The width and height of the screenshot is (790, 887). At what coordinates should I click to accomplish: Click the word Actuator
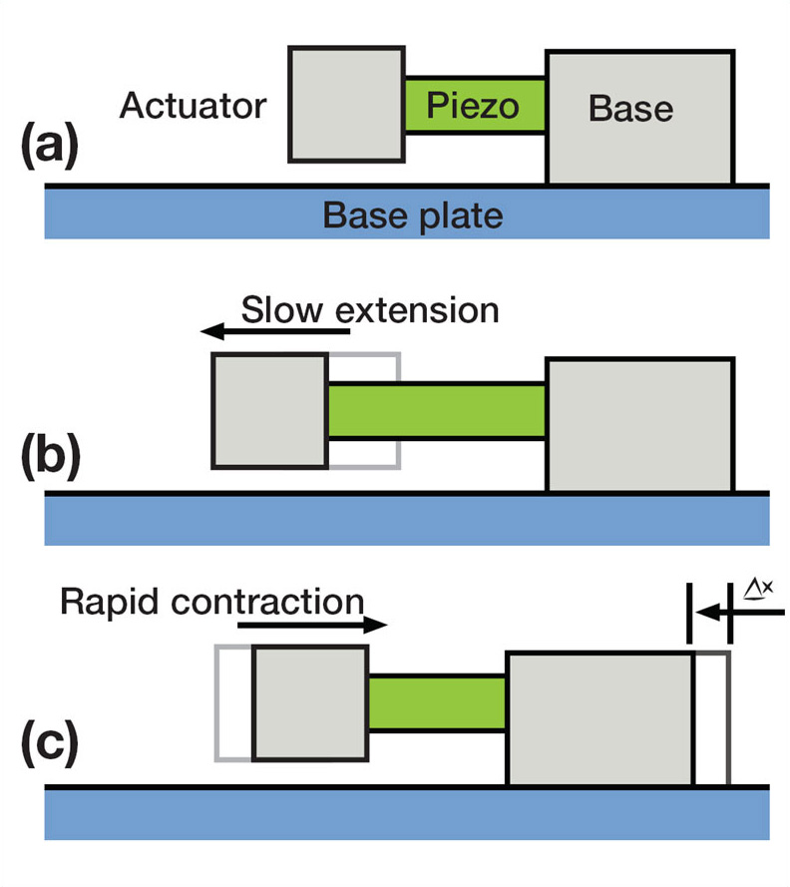coord(193,105)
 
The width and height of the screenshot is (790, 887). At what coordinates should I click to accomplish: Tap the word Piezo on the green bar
coord(473,106)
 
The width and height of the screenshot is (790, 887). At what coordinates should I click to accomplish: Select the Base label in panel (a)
coord(631,108)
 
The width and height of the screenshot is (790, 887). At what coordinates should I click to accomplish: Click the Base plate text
coord(413,216)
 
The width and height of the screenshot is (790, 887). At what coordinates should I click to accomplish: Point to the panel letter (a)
coord(50,146)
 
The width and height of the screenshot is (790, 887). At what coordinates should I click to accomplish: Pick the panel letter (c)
coord(50,742)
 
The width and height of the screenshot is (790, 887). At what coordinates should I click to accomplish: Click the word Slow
coord(282,310)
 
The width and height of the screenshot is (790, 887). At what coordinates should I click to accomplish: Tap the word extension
coord(417,311)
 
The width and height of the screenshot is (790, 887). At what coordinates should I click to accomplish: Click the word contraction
coord(267,602)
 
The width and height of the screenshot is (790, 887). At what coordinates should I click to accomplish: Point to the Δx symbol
coord(758,589)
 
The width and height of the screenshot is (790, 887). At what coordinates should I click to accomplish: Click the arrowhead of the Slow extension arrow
coord(212,331)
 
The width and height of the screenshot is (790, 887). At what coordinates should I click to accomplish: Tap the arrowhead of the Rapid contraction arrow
coord(375,625)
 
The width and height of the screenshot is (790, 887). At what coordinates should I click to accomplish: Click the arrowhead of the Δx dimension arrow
coord(707,612)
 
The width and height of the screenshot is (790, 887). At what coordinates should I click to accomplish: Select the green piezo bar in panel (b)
coord(437,411)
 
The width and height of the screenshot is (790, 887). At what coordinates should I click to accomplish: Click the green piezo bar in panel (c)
coord(437,702)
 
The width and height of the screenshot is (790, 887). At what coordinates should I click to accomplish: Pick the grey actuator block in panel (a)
coord(347,105)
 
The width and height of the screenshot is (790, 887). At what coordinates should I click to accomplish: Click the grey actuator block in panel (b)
coord(269,411)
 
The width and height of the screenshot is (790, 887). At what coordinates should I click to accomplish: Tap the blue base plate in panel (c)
coord(407,813)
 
